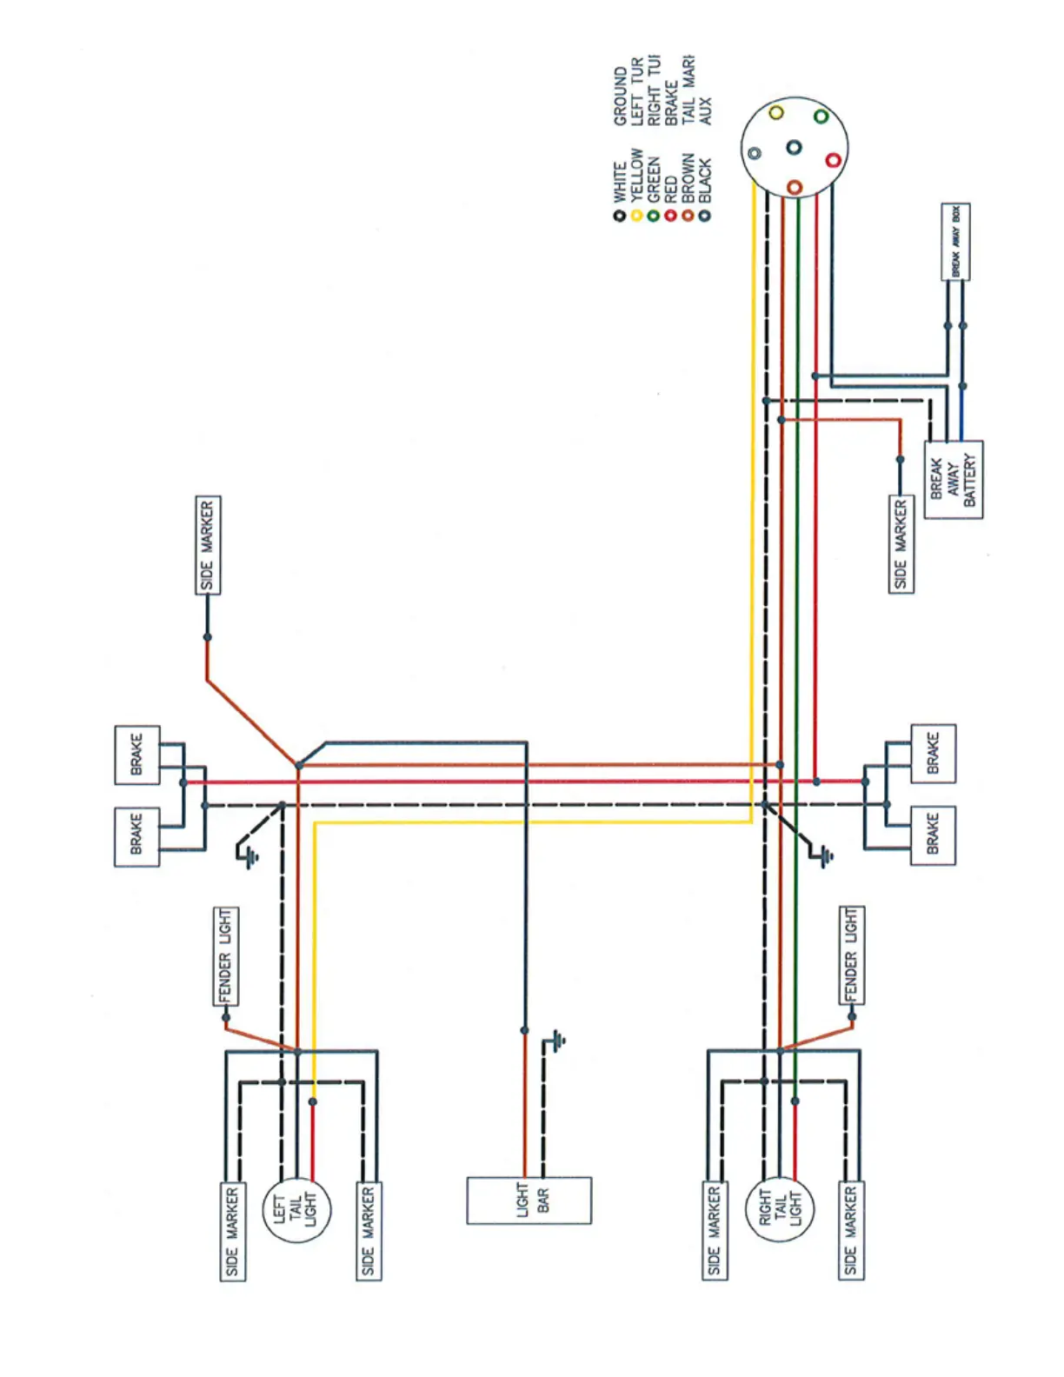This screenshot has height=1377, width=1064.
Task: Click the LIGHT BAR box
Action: click(x=529, y=1201)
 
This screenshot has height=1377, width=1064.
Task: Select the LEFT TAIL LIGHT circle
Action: click(x=296, y=1210)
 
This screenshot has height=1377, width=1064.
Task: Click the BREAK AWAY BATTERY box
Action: click(x=953, y=480)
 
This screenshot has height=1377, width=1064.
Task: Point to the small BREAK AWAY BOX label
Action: click(x=955, y=242)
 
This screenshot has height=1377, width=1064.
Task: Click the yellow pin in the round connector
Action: click(x=776, y=113)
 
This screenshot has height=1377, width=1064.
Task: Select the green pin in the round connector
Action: click(x=821, y=116)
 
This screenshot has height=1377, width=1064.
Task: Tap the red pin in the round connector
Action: click(x=833, y=160)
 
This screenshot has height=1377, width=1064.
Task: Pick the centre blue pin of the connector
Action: click(x=794, y=148)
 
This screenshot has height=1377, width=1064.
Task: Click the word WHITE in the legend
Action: click(x=620, y=182)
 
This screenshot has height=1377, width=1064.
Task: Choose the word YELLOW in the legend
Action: click(x=636, y=174)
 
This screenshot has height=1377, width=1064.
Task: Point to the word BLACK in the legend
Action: click(x=704, y=180)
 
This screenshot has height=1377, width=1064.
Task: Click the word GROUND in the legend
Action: click(x=620, y=96)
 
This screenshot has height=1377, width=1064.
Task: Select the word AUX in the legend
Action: click(x=704, y=110)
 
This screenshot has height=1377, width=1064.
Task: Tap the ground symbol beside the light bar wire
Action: click(x=557, y=1040)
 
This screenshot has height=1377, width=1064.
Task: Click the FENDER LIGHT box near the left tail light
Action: click(x=226, y=956)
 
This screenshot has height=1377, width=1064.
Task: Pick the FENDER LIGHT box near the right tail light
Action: click(x=851, y=955)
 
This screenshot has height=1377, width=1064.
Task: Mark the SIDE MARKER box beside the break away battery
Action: click(x=901, y=544)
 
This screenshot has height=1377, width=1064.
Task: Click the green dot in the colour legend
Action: click(x=653, y=216)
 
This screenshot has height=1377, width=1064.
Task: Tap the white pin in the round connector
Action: click(x=755, y=154)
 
